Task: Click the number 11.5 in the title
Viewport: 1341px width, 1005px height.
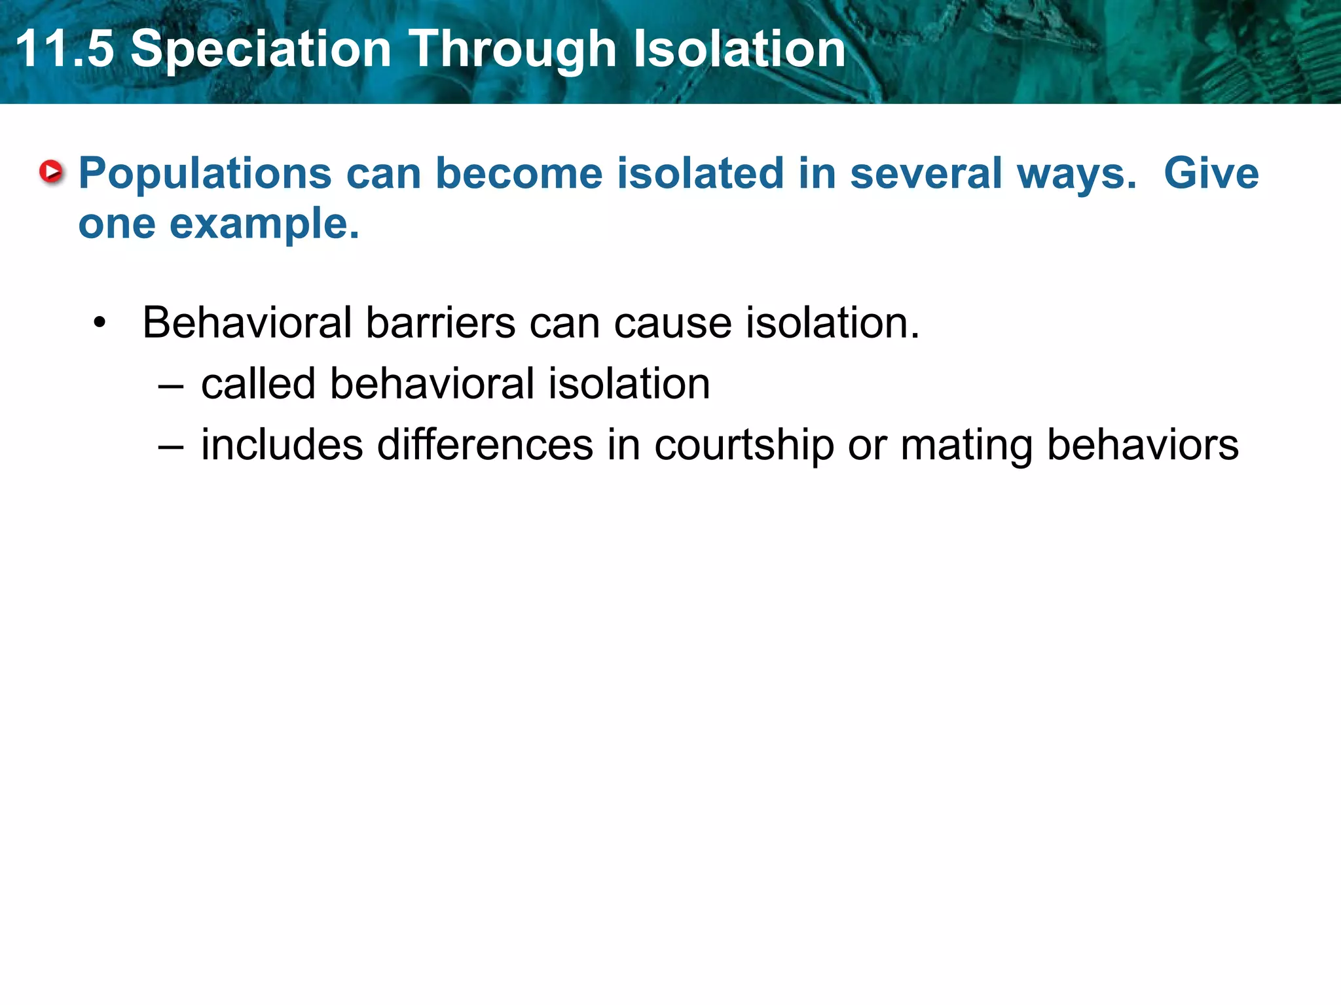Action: (x=64, y=50)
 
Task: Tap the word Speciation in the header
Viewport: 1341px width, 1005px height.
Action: (x=261, y=50)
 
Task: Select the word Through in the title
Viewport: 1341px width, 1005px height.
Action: (x=513, y=50)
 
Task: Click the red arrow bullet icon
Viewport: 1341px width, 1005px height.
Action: (x=51, y=173)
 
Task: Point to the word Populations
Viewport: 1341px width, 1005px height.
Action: (x=205, y=174)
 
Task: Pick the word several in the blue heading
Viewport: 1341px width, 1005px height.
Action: (x=926, y=174)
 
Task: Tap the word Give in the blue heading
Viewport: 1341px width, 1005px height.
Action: (x=1211, y=174)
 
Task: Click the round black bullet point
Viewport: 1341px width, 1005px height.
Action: (x=100, y=323)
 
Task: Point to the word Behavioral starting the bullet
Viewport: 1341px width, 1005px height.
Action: (x=247, y=323)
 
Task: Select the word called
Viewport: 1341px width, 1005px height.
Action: (x=258, y=383)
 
